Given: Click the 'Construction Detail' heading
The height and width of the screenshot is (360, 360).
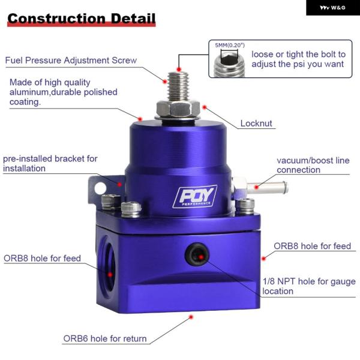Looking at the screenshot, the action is click(x=82, y=19).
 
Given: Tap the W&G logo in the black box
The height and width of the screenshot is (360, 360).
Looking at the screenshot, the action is click(x=332, y=8).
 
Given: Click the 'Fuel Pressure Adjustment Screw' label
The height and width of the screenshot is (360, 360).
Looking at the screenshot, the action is click(x=71, y=61).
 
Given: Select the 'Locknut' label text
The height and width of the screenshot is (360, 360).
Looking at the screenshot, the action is click(x=256, y=123).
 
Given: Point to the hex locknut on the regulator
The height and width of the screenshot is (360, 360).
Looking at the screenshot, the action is click(x=178, y=109).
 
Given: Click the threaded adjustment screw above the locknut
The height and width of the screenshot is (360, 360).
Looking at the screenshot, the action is click(x=178, y=86).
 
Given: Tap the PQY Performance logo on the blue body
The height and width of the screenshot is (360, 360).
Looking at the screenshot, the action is click(x=195, y=196).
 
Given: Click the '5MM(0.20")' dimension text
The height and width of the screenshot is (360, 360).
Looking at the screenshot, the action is click(x=230, y=45).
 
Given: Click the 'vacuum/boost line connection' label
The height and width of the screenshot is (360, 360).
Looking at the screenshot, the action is click(x=313, y=165).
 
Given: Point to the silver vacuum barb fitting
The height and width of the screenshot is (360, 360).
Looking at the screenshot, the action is click(x=260, y=187).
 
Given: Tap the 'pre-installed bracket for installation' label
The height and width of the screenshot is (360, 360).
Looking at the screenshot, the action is click(x=50, y=163).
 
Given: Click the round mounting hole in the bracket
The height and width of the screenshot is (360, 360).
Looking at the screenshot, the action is click(x=100, y=188).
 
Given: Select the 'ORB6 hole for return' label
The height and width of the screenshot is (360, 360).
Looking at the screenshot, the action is click(x=105, y=338).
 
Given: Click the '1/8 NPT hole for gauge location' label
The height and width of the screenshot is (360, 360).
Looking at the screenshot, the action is click(x=309, y=286).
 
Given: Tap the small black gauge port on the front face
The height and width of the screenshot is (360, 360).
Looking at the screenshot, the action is click(x=197, y=254).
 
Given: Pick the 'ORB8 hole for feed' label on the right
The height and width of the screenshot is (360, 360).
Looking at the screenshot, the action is click(x=312, y=246).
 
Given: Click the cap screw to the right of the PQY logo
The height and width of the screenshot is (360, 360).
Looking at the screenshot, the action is click(x=245, y=206).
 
